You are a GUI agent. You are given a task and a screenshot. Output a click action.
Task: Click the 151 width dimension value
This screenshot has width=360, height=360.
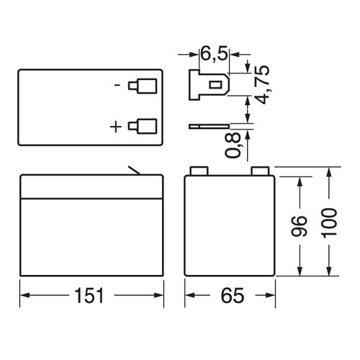pyautogui.click(x=89, y=295)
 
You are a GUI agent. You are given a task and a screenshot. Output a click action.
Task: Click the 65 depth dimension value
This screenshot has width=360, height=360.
pyautogui.click(x=233, y=295)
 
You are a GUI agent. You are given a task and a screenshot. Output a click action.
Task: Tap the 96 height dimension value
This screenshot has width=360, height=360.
pyautogui.click(x=299, y=226)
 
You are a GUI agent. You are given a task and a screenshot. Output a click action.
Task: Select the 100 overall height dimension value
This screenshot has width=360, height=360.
pyautogui.click(x=329, y=223)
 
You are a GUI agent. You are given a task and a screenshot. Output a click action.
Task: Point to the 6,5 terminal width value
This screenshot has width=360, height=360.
pyautogui.click(x=214, y=54)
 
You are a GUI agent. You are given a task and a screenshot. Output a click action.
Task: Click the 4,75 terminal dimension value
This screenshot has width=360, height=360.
pyautogui.click(x=261, y=84)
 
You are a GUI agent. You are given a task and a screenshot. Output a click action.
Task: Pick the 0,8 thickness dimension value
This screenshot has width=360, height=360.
pyautogui.click(x=233, y=145)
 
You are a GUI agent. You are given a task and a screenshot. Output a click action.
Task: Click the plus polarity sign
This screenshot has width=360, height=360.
pyautogui.click(x=116, y=127)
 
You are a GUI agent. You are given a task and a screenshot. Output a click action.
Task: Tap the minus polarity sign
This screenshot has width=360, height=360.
pyautogui.click(x=117, y=85)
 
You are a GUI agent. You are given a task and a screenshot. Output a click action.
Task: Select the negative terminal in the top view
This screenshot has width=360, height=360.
pyautogui.click(x=143, y=86)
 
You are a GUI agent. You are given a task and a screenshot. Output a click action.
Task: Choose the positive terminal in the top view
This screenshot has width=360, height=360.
pyautogui.click(x=143, y=126)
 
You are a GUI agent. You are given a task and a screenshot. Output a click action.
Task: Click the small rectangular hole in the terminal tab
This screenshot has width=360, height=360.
pyautogui.click(x=214, y=85)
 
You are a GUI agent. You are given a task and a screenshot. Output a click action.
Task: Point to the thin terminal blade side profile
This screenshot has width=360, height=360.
pyautogui.click(x=210, y=126)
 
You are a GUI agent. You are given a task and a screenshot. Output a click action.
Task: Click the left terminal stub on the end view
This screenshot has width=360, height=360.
pyautogui.click(x=199, y=171)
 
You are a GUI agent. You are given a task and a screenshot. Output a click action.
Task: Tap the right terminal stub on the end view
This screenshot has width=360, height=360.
pyautogui.click(x=260, y=171)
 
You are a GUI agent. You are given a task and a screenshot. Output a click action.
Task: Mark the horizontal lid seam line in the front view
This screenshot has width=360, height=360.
pyautogui.click(x=92, y=199)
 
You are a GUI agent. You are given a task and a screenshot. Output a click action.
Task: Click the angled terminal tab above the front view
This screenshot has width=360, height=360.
pyautogui.click(x=134, y=170)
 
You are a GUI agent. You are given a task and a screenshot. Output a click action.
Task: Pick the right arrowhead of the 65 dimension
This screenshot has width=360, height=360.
pyautogui.click(x=270, y=295)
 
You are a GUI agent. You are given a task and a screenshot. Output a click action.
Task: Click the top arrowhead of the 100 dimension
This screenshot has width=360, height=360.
pyautogui.click(x=329, y=172)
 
